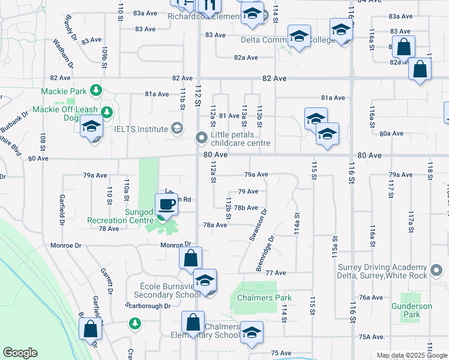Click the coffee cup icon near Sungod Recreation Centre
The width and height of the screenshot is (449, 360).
click(167, 205)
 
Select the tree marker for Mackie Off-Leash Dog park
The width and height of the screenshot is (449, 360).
click(107, 112)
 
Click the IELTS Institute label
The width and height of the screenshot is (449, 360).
click(142, 128)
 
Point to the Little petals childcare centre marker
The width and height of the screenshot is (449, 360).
click(201, 139)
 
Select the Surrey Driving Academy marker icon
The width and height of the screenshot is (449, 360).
click(438, 268)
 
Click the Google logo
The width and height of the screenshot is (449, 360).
click(20, 353)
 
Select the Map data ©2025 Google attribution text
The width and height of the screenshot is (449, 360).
click(411, 355)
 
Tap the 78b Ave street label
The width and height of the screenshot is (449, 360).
click(246, 208)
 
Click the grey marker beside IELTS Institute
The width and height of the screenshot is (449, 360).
click(176, 128)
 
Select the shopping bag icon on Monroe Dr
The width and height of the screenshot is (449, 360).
click(190, 259)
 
